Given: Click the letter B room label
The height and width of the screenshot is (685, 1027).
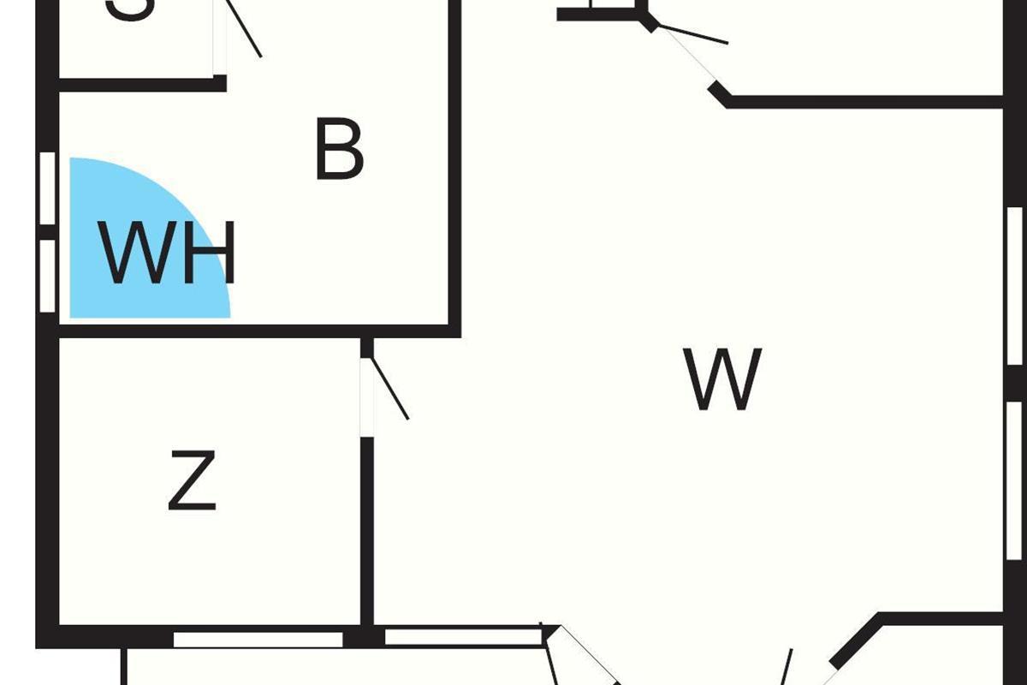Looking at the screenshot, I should coord(340,151).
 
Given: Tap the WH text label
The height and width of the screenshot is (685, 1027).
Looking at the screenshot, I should coord(167,253).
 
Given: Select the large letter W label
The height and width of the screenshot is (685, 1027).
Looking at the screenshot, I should coord(723,379).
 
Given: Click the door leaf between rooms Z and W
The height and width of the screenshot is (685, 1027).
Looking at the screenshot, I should coord(388,390).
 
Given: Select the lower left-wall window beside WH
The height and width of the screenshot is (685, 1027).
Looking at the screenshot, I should coord(48,276).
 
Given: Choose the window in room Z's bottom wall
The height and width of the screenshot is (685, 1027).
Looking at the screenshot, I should coord(258,639).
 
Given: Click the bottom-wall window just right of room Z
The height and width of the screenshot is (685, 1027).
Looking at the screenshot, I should coord(462,636).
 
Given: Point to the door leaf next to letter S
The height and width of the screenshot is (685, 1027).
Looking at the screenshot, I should coord(244,28).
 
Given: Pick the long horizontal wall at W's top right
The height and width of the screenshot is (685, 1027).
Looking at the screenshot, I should coord(864,102).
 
